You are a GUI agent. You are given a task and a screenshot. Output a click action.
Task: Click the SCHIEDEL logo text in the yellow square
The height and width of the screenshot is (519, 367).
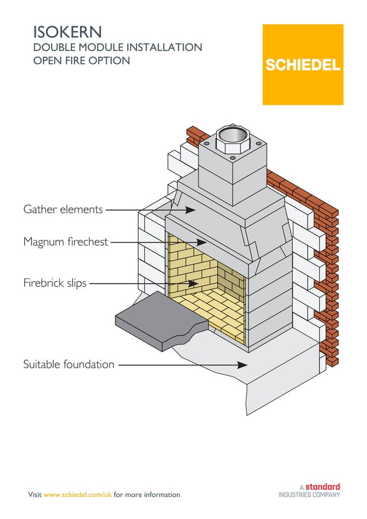pyautogui.click(x=303, y=65)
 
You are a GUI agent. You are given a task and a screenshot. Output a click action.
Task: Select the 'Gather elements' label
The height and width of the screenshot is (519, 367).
pyautogui.click(x=63, y=209)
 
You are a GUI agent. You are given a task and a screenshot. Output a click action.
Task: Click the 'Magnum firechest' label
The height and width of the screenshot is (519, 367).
pyautogui.click(x=66, y=242)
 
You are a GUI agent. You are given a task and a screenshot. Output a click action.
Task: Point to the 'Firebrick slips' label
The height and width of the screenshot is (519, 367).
pyautogui.click(x=55, y=283)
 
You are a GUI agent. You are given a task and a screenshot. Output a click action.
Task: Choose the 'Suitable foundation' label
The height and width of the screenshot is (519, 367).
pyautogui.click(x=68, y=365)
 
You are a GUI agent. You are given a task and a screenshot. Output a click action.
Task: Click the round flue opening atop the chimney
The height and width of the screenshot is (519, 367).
pyautogui.click(x=233, y=136)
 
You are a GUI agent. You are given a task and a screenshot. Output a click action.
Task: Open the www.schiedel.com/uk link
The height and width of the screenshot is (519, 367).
pyautogui.click(x=78, y=495)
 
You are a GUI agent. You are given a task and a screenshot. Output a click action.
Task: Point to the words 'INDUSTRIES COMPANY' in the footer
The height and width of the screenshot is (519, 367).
pyautogui.click(x=309, y=495)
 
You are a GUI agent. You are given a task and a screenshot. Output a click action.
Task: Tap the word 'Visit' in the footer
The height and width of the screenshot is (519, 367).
pyautogui.click(x=35, y=495)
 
